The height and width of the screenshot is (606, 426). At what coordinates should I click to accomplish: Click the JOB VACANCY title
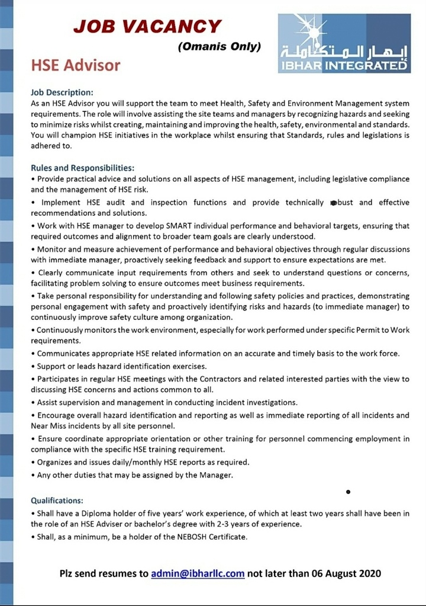click(x=147, y=27)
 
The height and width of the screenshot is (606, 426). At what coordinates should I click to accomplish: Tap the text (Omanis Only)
click(x=219, y=47)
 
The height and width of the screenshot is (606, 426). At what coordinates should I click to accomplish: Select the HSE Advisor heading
click(x=75, y=65)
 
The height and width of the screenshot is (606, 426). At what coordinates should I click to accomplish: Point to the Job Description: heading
click(x=62, y=92)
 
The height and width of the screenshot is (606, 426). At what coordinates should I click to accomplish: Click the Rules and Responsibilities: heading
click(x=82, y=168)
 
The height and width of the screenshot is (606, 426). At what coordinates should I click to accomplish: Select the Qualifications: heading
click(x=57, y=500)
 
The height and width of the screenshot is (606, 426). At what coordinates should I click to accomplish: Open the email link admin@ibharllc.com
click(x=198, y=573)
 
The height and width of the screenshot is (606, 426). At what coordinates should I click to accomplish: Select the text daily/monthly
click(x=127, y=462)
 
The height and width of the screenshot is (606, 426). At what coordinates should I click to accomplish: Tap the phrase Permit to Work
click(x=382, y=329)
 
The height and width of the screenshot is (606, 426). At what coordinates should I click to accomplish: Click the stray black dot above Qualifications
click(x=348, y=492)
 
